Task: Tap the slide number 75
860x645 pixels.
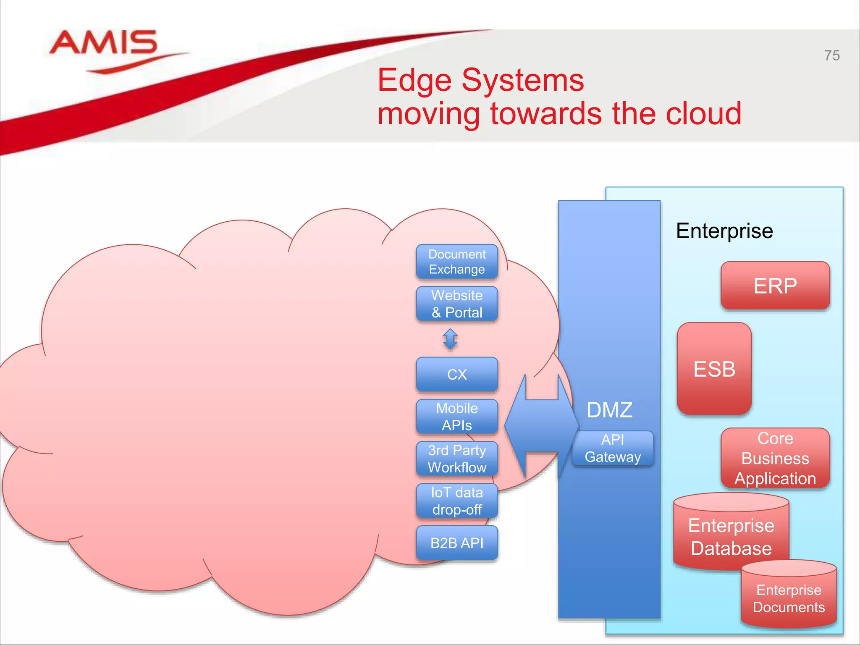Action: coord(831,55)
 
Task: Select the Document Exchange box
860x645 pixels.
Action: coord(457,262)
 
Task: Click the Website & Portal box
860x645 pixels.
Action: coord(457,304)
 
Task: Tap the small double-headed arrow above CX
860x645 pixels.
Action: coord(450,339)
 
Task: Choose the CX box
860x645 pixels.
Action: coord(457,374)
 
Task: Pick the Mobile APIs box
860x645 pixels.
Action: coord(457,416)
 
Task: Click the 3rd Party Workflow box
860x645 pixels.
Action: coord(457,459)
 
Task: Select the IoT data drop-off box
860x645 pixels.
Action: coord(457,501)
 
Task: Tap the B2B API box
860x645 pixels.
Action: coord(457,543)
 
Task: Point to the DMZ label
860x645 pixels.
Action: coord(609,410)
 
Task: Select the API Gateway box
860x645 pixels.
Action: coord(613,448)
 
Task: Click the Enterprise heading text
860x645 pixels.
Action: coord(724,231)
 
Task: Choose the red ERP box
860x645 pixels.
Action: coord(775,286)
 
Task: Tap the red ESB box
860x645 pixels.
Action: coord(714,369)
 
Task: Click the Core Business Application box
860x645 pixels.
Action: coord(775,458)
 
